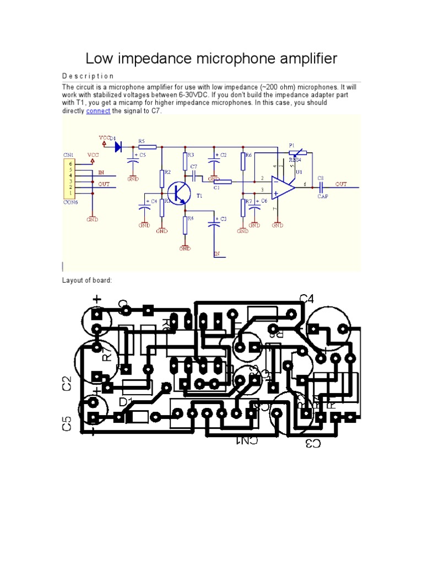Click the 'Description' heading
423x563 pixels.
pyautogui.click(x=88, y=76)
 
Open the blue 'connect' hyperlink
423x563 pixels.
pyautogui.click(x=98, y=111)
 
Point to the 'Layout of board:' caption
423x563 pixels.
pyautogui.click(x=87, y=280)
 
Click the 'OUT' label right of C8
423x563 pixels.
pyautogui.click(x=341, y=184)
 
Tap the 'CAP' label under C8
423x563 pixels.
pyautogui.click(x=323, y=196)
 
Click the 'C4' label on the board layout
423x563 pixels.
pyautogui.click(x=307, y=299)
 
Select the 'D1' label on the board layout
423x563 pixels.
pyautogui.click(x=126, y=402)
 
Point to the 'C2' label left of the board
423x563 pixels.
pyautogui.click(x=67, y=383)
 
